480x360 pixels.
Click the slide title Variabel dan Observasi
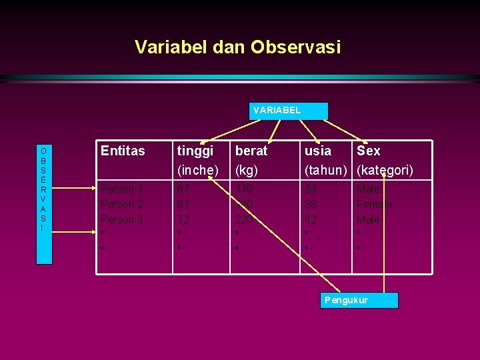[237, 47]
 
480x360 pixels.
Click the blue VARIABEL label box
[288, 111]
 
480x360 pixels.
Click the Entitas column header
[123, 151]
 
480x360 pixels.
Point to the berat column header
[251, 151]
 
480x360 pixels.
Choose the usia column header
[318, 151]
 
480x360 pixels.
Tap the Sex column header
[369, 151]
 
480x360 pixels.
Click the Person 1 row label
[122, 189]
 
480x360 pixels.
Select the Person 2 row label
[122, 205]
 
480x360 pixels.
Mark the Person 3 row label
[122, 219]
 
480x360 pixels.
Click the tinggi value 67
[183, 189]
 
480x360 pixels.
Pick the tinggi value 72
[183, 219]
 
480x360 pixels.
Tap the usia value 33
[311, 189]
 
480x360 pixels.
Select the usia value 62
[311, 219]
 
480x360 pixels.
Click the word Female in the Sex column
[375, 205]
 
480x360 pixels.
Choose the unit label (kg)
[247, 171]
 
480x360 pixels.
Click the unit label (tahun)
[326, 171]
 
